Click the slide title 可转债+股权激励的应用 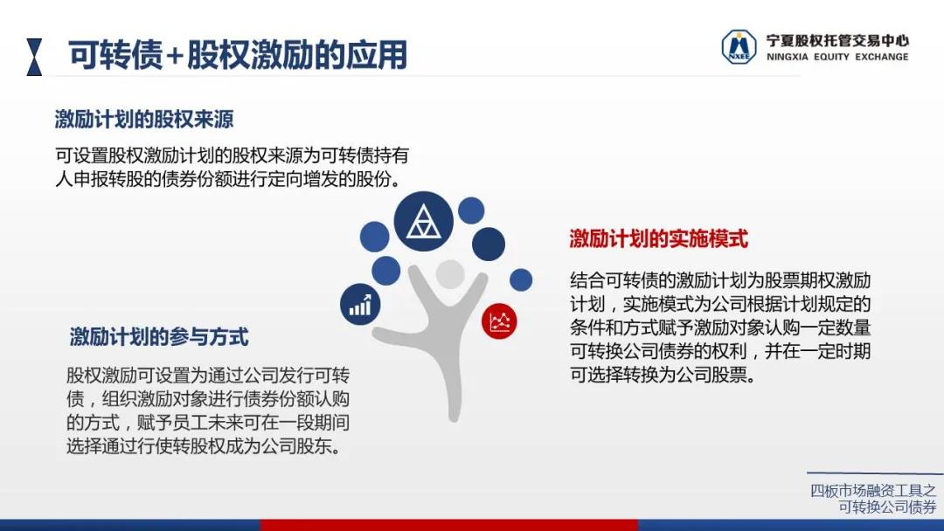coord(238,55)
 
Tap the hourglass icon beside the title coord(34,57)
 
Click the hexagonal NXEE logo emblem coord(739,47)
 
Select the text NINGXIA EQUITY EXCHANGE coord(837,57)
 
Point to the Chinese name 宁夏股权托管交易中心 coord(837,40)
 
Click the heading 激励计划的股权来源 coord(144,119)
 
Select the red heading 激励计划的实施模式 coord(659,238)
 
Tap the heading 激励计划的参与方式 coord(159,337)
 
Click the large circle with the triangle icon coord(423,221)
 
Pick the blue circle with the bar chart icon coord(360,304)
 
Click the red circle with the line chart coord(499,321)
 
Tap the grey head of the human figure coord(450,275)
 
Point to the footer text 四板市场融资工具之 coord(873,491)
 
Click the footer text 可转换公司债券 coord(887,507)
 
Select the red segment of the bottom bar coord(448,525)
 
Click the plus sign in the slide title coord(175,57)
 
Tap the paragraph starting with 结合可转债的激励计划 coord(720,328)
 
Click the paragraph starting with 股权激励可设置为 coord(208,410)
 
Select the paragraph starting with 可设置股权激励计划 coord(233,167)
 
